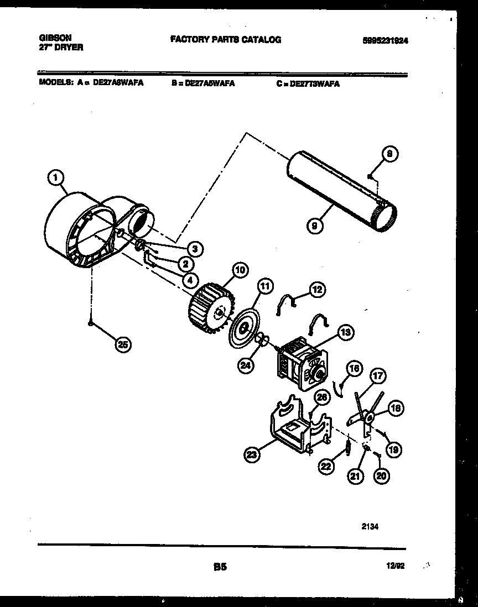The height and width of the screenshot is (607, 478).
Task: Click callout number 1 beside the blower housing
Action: (x=54, y=178)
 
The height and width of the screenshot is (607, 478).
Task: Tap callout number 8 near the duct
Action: (x=390, y=155)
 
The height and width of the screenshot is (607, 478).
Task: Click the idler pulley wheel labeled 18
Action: (x=368, y=416)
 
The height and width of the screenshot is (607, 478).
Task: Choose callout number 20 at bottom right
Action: (x=380, y=474)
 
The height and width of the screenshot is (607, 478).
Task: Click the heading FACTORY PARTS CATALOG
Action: (x=225, y=40)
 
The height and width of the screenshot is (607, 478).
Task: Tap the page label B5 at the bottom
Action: (x=220, y=566)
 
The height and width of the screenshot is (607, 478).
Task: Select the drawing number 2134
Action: (x=370, y=527)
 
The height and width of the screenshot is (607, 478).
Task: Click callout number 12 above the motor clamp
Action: (x=317, y=289)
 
